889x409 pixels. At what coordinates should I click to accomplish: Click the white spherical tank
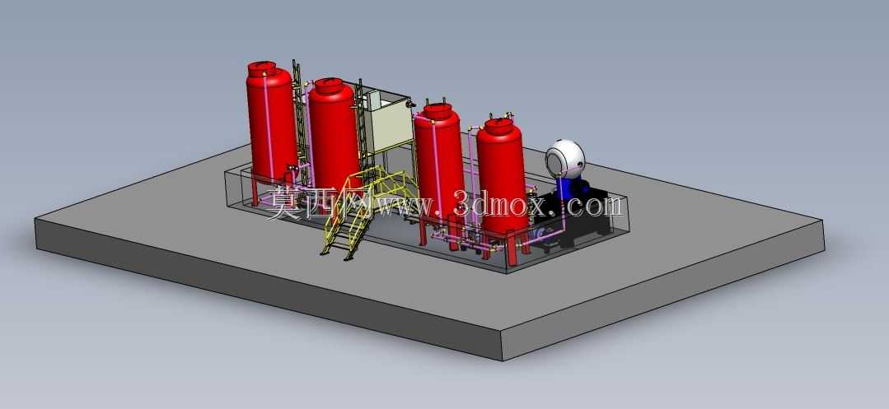tap(564, 156)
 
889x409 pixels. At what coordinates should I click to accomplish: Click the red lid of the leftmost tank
tap(262, 69)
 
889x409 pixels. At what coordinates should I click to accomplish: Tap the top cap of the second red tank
tap(329, 86)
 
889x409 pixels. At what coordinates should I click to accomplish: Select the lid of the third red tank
tap(437, 111)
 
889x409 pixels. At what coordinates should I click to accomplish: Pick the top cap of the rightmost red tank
tap(499, 125)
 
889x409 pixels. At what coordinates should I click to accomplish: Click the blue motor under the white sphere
tap(567, 187)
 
